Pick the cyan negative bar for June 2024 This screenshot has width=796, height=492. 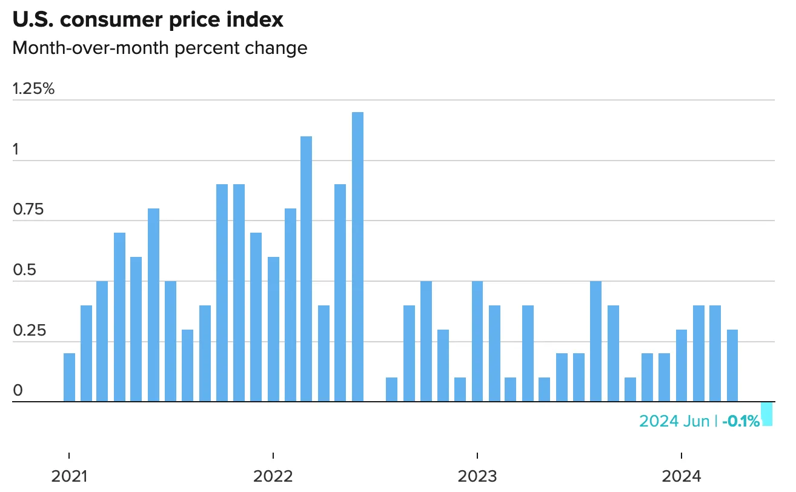point(767,414)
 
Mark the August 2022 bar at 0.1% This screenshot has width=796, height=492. point(391,390)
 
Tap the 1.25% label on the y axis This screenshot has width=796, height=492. point(33,89)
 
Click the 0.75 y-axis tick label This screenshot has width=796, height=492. point(28,210)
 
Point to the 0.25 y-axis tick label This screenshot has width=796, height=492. point(28,331)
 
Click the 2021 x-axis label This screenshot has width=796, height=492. point(69,476)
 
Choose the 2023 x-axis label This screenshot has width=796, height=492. point(477,476)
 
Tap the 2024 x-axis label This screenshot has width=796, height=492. point(682,476)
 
